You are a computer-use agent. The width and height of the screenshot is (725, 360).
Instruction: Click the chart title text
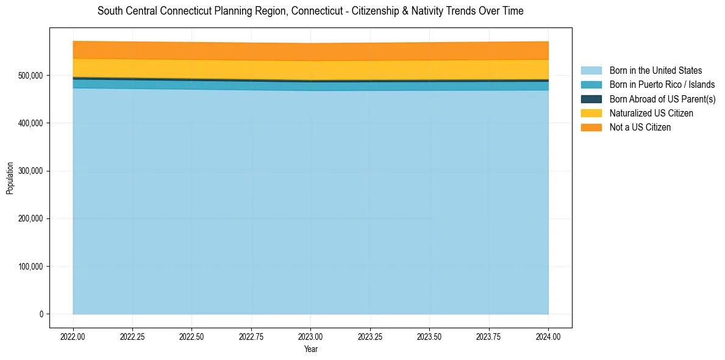pos(310,11)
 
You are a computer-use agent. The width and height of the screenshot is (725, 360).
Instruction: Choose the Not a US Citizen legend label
pos(640,127)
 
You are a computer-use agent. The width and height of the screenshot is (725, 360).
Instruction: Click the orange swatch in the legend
pos(591,127)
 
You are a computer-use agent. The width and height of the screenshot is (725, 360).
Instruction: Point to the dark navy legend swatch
pos(591,99)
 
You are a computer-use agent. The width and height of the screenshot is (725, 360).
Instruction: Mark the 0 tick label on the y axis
pos(41,314)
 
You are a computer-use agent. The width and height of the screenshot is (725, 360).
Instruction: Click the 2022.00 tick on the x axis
pos(73,336)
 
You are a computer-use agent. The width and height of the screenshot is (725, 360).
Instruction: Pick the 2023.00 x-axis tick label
pos(310,336)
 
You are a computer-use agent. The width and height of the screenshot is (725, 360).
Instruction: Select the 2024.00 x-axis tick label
pos(548,336)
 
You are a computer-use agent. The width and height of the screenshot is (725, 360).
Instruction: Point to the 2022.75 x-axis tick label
pos(251,336)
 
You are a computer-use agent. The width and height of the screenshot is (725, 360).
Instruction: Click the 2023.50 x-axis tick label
pos(429,336)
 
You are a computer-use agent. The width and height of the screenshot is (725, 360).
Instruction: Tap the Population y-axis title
pos(10,178)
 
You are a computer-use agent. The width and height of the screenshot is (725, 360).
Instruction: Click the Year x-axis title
pos(310,350)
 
